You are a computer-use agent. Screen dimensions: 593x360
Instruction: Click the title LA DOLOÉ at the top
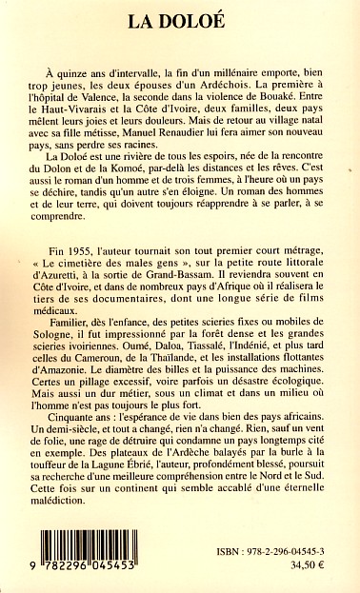179,18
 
